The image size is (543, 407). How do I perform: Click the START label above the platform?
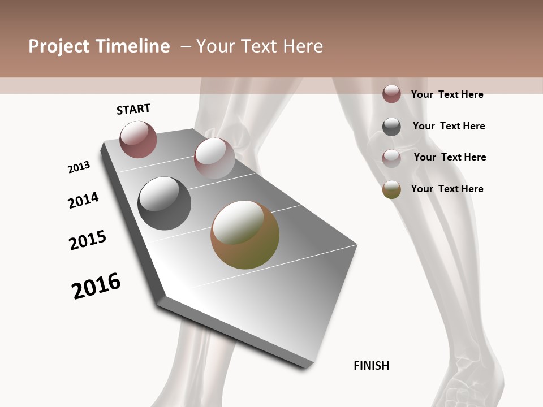[133, 109]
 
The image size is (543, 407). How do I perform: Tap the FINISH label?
[372, 366]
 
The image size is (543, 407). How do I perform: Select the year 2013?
[79, 167]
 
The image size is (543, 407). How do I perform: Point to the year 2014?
[83, 200]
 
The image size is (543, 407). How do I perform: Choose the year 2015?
[88, 240]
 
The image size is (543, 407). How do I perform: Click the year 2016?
[96, 286]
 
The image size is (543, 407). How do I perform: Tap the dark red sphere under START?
[138, 139]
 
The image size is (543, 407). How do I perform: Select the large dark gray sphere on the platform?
[164, 203]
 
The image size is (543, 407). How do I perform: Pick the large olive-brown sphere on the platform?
[245, 235]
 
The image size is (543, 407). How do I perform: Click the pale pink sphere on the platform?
[214, 158]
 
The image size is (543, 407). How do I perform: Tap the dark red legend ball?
[391, 94]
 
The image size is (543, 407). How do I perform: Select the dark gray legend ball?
[391, 127]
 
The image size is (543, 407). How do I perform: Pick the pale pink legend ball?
[391, 158]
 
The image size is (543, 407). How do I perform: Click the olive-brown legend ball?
[391, 189]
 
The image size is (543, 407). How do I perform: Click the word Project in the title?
[59, 46]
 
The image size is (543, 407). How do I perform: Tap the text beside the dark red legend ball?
[447, 94]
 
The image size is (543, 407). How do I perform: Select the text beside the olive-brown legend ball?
[447, 189]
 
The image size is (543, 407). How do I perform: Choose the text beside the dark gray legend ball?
[449, 126]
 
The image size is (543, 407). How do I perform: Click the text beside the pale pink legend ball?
[450, 157]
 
